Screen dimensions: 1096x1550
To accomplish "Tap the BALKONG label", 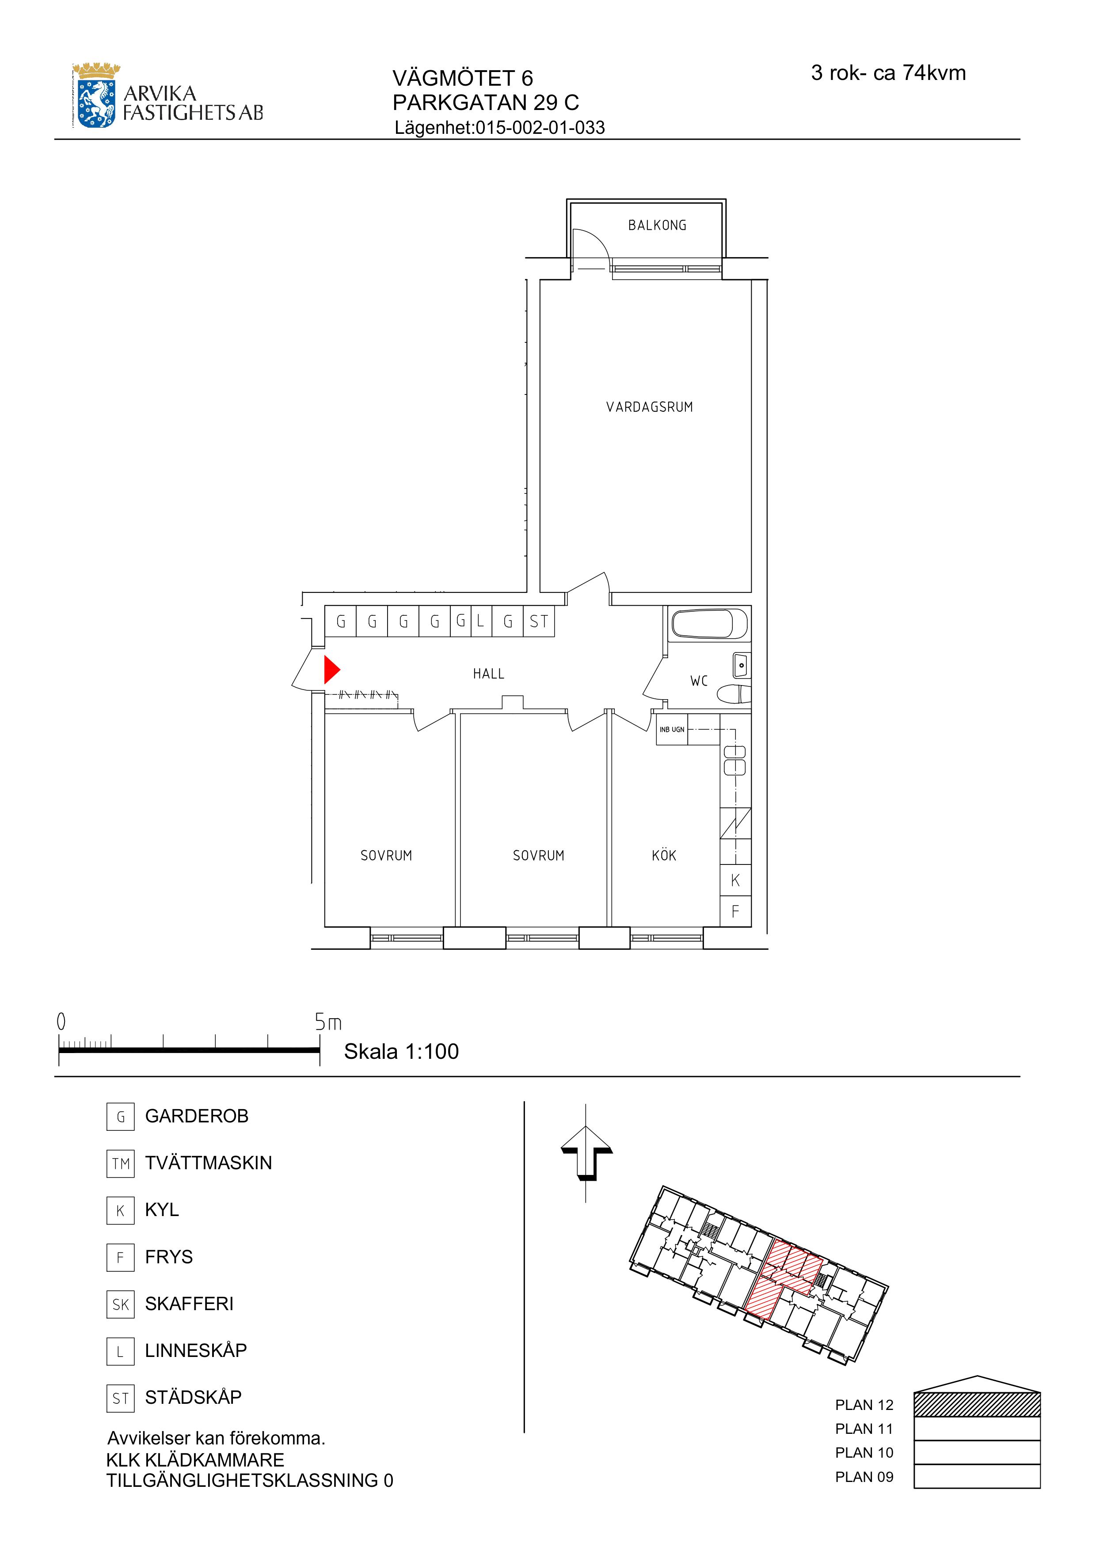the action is click(657, 225).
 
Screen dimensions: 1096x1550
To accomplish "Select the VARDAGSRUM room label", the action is click(650, 407).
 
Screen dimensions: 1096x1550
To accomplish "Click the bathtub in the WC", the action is click(710, 625).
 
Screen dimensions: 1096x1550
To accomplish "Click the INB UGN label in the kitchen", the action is click(672, 730).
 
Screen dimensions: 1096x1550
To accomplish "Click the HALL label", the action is click(489, 674).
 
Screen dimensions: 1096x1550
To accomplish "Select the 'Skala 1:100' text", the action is click(401, 1051).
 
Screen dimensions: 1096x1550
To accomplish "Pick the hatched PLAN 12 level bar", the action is click(977, 1404).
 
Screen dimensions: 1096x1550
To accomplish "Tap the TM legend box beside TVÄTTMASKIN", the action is click(120, 1163).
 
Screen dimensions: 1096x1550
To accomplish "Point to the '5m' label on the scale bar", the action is click(328, 1022).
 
